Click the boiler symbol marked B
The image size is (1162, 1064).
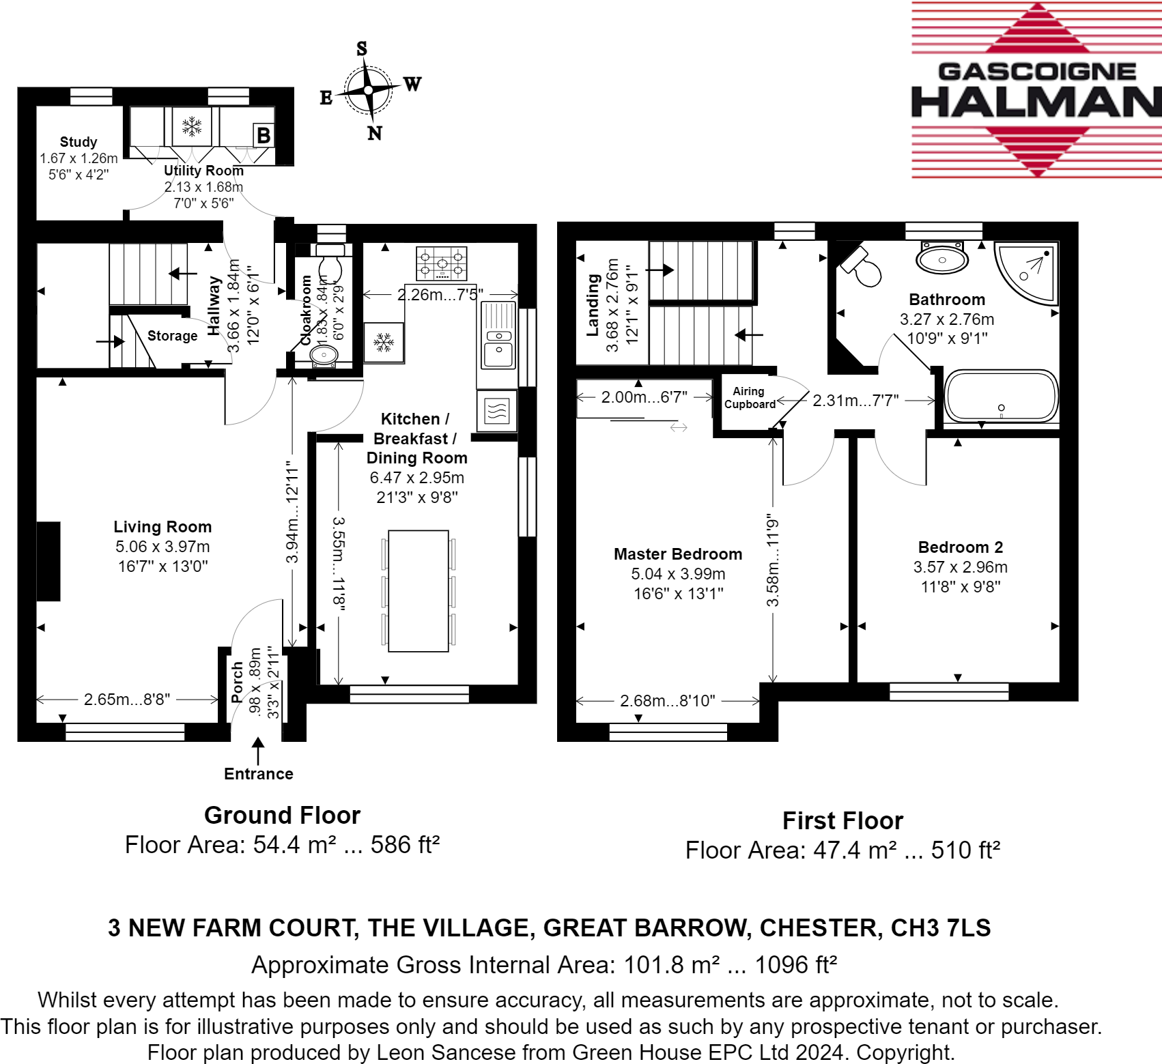pyautogui.click(x=264, y=135)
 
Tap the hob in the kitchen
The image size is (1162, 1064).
pyautogui.click(x=442, y=263)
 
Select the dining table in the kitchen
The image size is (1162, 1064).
pyautogui.click(x=419, y=591)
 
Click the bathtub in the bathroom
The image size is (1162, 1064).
pyautogui.click(x=1001, y=396)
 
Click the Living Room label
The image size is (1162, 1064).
pyautogui.click(x=162, y=527)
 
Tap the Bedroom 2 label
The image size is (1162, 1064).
pyautogui.click(x=960, y=547)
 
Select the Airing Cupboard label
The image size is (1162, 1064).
pyautogui.click(x=749, y=398)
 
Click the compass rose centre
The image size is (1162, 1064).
pyautogui.click(x=369, y=90)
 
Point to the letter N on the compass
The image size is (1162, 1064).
pyautogui.click(x=375, y=134)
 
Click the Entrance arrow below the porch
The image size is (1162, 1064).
pyautogui.click(x=258, y=751)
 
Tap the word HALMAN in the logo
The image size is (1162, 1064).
pyautogui.click(x=1036, y=102)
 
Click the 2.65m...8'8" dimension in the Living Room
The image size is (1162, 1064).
pyautogui.click(x=127, y=700)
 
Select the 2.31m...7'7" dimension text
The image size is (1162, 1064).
pyautogui.click(x=855, y=401)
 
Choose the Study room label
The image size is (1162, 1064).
pyautogui.click(x=79, y=142)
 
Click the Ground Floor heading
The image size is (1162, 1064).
pyautogui.click(x=282, y=816)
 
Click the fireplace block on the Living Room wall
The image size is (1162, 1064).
pyautogui.click(x=48, y=561)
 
